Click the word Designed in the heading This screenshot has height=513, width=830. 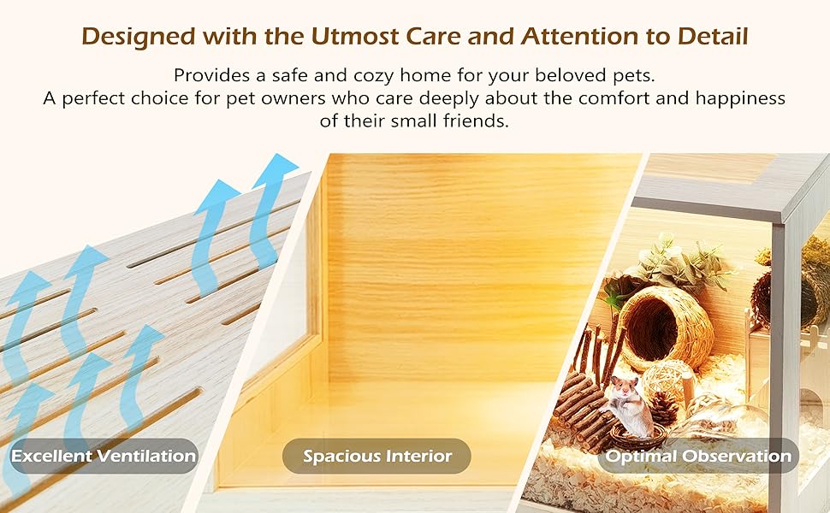[139, 37]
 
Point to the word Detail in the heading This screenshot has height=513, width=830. [713, 36]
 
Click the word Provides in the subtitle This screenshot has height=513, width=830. [211, 75]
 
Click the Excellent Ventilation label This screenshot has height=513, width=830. [104, 456]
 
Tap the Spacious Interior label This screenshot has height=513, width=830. [376, 456]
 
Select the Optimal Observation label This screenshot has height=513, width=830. [698, 456]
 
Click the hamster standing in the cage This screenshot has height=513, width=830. [630, 406]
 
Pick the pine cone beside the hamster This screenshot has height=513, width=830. [662, 410]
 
